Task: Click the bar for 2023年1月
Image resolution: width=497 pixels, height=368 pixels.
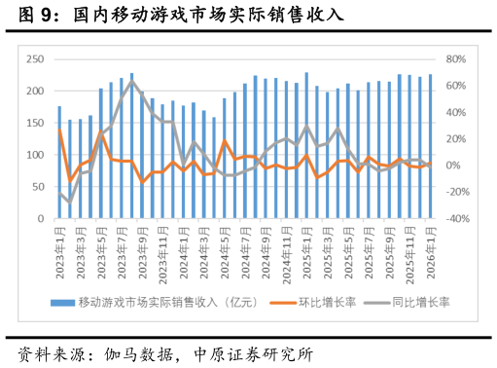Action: (59, 163)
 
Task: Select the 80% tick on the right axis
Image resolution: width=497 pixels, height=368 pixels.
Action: (457, 59)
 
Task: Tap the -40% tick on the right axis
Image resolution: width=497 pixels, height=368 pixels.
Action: (457, 219)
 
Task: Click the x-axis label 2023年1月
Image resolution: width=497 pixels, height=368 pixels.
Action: (59, 248)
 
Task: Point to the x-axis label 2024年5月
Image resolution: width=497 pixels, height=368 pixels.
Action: (225, 248)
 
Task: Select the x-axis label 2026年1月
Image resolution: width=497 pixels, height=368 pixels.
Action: (430, 248)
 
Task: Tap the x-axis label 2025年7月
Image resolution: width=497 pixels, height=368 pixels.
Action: (369, 248)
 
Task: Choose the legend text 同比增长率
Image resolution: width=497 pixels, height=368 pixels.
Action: (420, 303)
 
